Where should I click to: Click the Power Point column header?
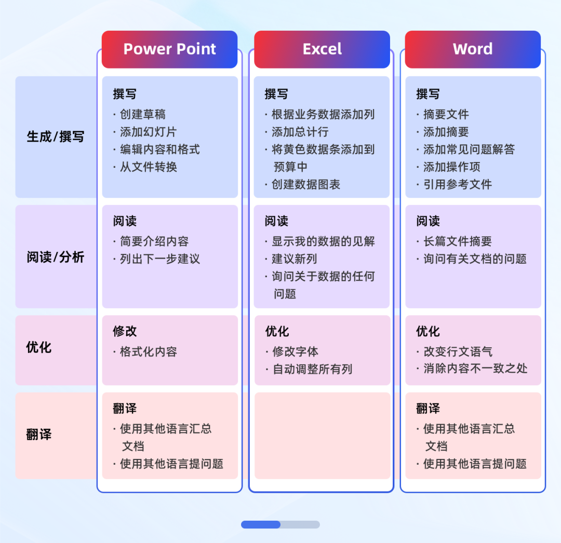tap(169, 49)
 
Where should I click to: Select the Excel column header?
tap(322, 49)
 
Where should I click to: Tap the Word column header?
tap(473, 49)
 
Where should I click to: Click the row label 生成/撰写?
tap(55, 137)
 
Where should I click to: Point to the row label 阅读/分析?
tap(55, 257)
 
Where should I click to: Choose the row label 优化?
tap(39, 347)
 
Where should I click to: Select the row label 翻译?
tap(39, 435)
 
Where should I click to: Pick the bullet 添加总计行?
tap(300, 132)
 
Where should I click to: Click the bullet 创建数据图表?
tap(305, 185)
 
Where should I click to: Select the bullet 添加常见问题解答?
tap(469, 150)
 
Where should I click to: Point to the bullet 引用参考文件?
tap(457, 185)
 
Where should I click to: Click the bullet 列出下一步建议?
tap(159, 259)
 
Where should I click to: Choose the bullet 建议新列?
tap(294, 259)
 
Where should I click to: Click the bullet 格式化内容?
tap(148, 352)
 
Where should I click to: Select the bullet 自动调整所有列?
tap(312, 370)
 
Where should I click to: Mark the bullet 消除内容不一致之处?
tap(475, 369)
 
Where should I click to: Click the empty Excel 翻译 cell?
tap(322, 435)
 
